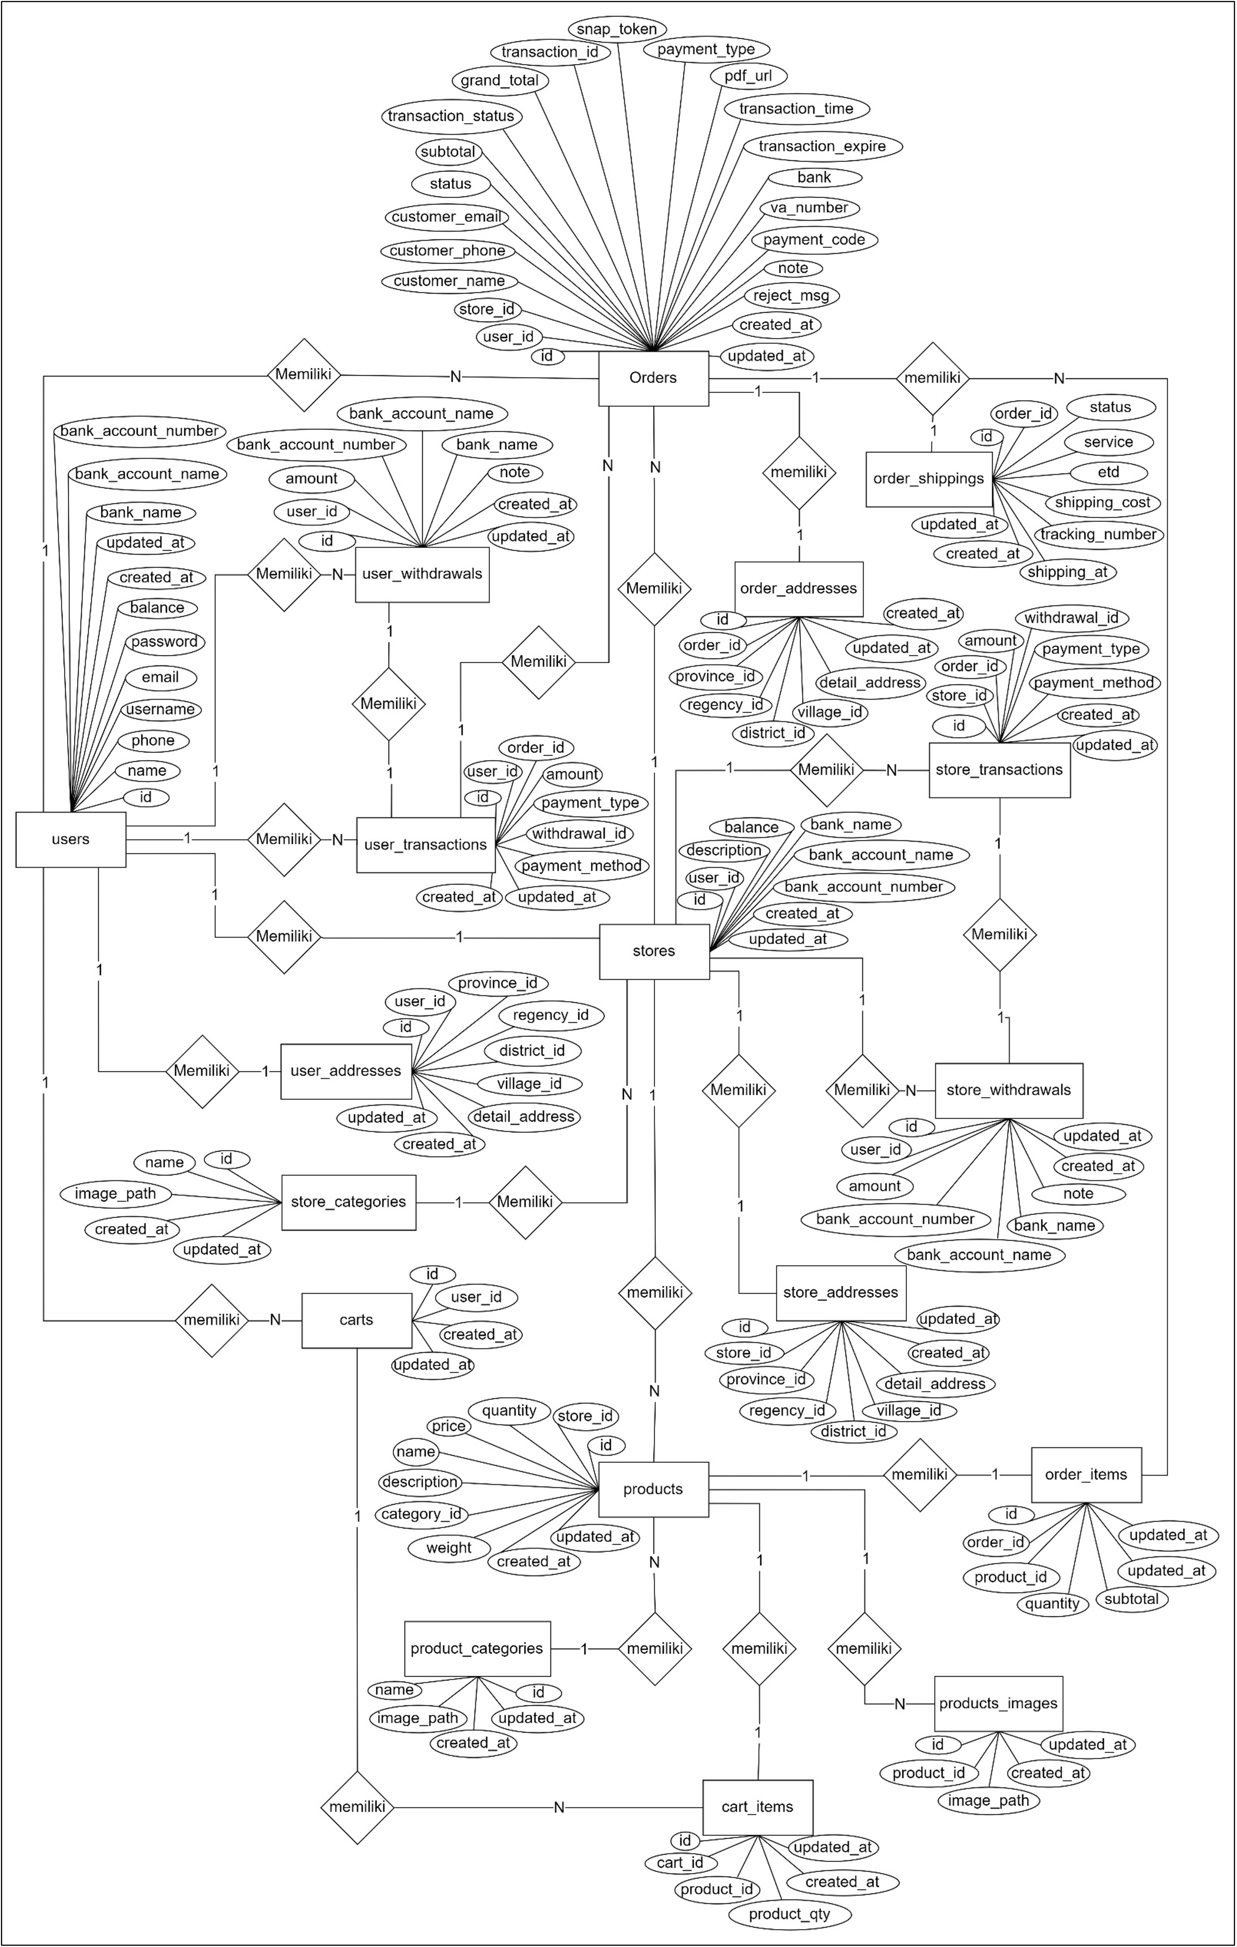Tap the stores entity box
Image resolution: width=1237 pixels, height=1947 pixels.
[654, 951]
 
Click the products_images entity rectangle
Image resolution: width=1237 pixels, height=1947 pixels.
[998, 1704]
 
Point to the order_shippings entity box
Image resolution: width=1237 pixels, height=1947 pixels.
[929, 479]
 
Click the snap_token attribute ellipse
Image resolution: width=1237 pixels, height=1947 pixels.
[616, 29]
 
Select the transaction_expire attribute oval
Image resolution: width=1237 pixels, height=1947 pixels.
[822, 146]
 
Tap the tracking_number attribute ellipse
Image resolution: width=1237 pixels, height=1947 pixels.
[1098, 534]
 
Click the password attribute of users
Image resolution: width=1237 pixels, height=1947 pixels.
[164, 642]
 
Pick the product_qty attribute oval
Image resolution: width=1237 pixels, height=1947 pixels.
[789, 1914]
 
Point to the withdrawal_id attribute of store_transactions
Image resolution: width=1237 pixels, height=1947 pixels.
[1071, 618]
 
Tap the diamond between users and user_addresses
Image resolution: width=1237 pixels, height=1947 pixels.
[202, 1071]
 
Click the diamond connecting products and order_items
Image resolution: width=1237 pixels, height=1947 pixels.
[920, 1475]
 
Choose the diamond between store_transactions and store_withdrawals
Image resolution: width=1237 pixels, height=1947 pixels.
[1000, 935]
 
